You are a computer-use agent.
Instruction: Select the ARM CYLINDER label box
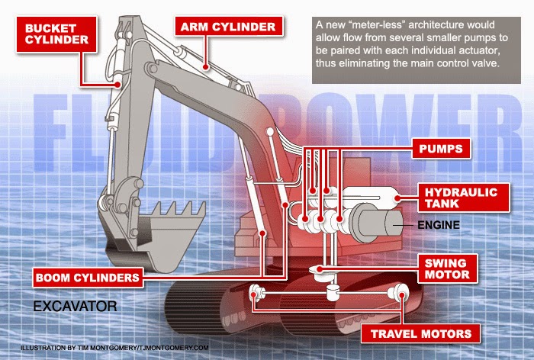227,27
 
